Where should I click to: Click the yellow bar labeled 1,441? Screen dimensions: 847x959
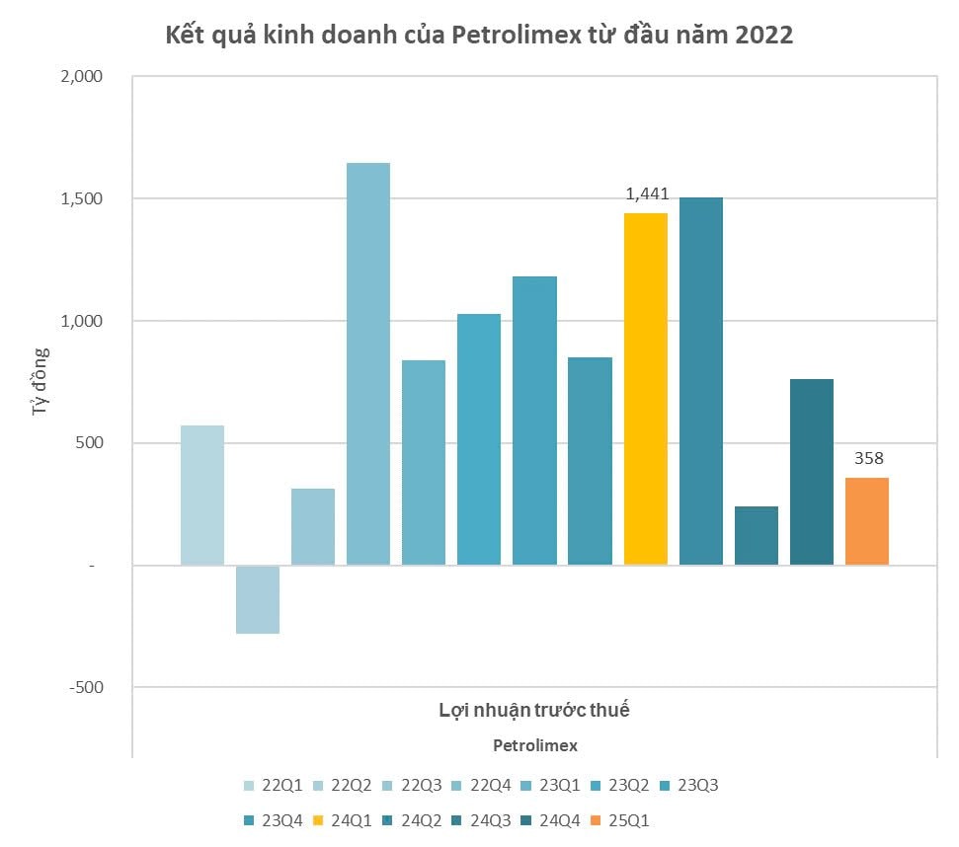[645, 389]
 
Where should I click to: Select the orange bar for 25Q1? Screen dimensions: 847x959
[866, 521]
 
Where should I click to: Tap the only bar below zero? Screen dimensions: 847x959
[258, 599]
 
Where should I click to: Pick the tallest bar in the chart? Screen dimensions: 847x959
[368, 363]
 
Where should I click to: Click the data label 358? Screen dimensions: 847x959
[869, 458]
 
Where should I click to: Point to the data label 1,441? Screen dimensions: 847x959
[648, 193]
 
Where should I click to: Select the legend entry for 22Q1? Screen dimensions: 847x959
[274, 786]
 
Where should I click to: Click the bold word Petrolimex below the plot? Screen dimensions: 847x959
[534, 744]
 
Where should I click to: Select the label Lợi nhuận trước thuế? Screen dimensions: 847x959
[534, 710]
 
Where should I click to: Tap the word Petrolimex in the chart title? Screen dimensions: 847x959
[502, 36]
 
